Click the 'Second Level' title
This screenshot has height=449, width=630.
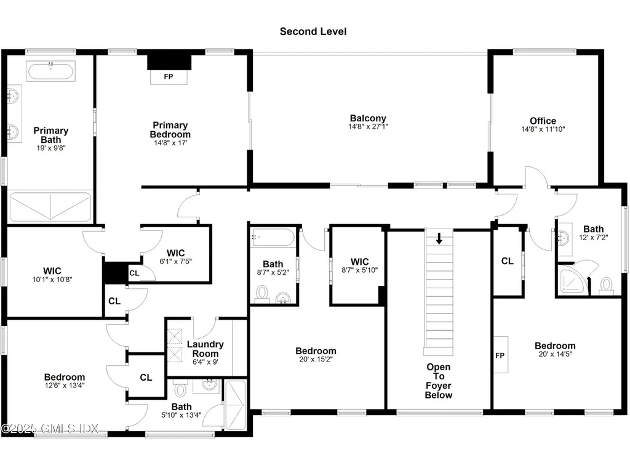tap(313, 31)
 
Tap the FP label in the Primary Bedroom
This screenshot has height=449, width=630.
tap(168, 78)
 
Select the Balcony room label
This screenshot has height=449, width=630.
tap(368, 118)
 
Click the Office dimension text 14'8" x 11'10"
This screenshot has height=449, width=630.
tap(543, 130)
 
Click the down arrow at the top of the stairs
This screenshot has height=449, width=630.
tap(439, 238)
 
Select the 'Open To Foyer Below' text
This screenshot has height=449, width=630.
tap(439, 381)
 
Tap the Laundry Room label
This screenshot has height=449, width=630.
tap(205, 349)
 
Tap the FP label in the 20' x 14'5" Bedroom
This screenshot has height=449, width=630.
tap(500, 355)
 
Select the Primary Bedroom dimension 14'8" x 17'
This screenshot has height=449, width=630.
tap(170, 143)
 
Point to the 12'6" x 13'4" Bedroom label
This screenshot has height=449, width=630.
tap(65, 377)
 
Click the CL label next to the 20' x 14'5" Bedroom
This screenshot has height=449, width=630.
tap(507, 261)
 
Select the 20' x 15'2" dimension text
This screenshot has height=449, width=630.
tap(316, 360)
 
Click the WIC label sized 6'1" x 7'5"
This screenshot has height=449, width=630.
tap(176, 253)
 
